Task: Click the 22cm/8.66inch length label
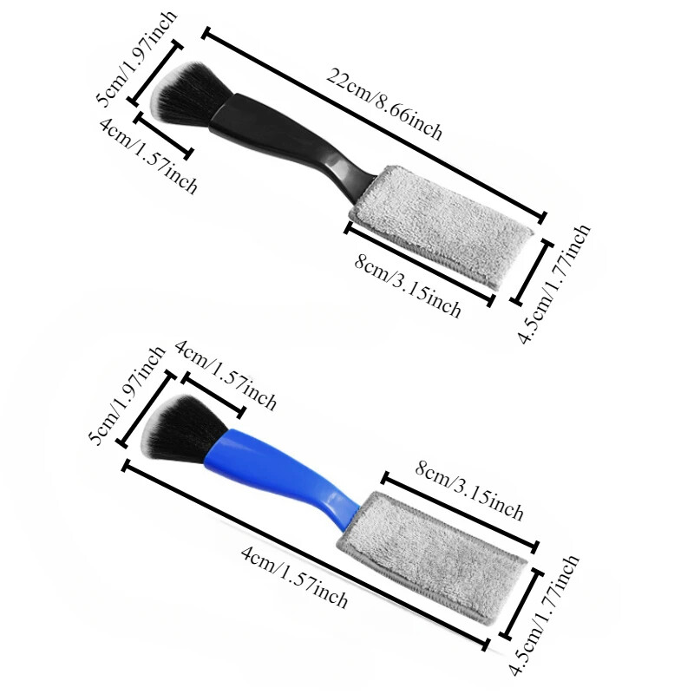coord(384,104)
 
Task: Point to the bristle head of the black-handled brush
coord(188,93)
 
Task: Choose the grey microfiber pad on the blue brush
coord(431,555)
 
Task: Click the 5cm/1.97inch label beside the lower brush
coord(127,396)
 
